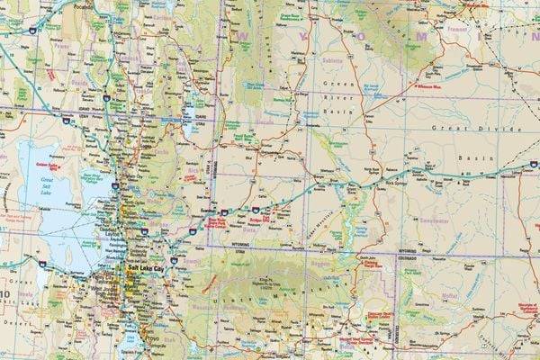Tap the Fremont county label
click(481, 30)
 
